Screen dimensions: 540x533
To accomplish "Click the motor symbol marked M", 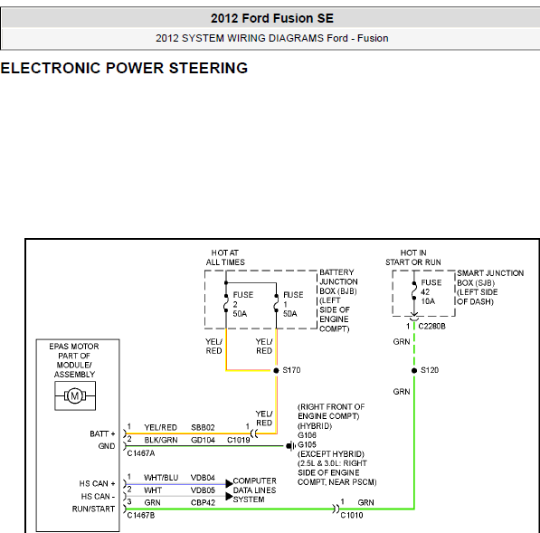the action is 75,395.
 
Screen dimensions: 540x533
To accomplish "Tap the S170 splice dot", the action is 276,370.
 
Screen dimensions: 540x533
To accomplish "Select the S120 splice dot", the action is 414,370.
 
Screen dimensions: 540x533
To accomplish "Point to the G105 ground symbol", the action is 290,446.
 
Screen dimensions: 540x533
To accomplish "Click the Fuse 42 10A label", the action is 431,291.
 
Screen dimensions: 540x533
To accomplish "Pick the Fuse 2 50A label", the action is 242,304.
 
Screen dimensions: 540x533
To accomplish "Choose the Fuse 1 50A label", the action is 293,304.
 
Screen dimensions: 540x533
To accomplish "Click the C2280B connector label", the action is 431,326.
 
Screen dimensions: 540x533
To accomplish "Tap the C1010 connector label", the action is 352,515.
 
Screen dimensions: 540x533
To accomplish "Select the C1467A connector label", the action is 141,453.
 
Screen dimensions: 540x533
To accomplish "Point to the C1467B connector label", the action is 141,515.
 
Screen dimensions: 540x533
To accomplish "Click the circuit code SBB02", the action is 203,427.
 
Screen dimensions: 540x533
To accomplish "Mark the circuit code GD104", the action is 203,440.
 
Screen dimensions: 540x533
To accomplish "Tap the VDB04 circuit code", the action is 203,478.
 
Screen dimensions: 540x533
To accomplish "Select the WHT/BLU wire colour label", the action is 161,478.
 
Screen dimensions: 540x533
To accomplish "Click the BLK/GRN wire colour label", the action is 161,440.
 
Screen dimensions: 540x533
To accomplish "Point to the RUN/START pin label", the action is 93,509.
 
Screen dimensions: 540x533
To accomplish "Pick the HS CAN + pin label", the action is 97,484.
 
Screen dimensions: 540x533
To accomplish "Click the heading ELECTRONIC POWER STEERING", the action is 124,68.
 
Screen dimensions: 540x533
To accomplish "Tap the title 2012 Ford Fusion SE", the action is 272,18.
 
